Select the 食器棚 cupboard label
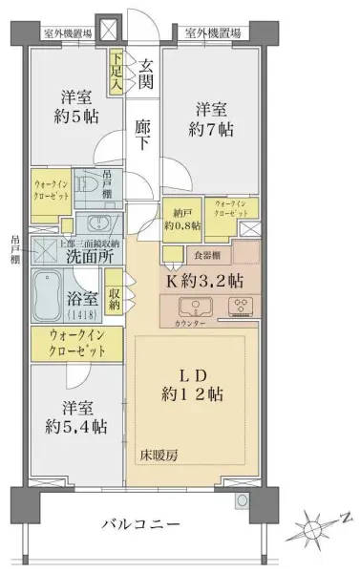[207, 255]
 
